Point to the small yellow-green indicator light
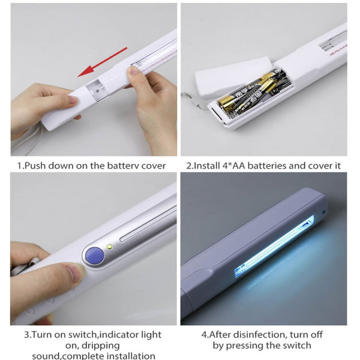coord(110,247)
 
